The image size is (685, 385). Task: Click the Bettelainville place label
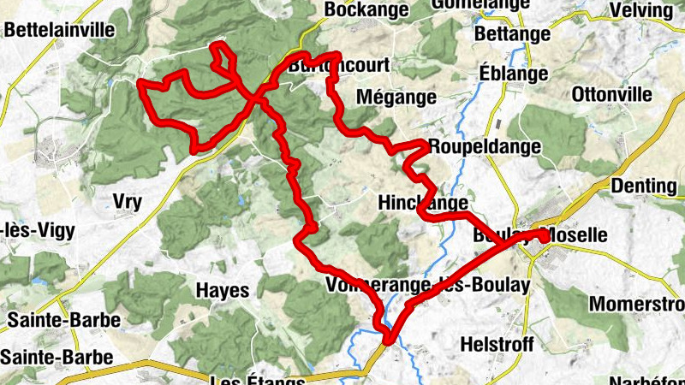59,29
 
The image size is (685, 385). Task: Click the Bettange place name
512,34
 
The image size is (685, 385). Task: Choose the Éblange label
513,74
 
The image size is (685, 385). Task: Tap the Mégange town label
396,97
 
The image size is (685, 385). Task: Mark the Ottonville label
611,93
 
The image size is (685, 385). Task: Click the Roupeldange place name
485,146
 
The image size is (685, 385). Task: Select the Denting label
645,186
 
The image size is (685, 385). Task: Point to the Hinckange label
423,203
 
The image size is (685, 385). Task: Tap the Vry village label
127,202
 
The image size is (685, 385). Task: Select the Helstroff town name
497,344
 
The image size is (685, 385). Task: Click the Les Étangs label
257,379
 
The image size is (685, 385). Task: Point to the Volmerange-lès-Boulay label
428,284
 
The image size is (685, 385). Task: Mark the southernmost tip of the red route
388,341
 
